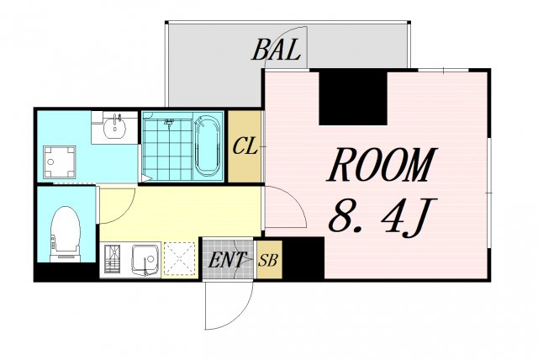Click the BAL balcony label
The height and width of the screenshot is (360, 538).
tap(277, 50)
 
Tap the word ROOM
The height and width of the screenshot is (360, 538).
tap(382, 165)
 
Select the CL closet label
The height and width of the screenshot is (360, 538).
tap(245, 146)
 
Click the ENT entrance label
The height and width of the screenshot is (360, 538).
tap(227, 260)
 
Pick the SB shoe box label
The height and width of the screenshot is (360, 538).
tap(267, 261)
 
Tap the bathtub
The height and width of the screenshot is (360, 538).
tap(207, 146)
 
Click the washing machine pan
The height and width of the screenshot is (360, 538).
tap(59, 162)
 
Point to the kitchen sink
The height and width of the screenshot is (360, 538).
tap(146, 259)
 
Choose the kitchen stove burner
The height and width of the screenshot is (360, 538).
tap(112, 259)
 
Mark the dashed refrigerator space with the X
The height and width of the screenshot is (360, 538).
tap(179, 259)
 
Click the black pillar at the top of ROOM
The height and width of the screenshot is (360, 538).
tap(353, 98)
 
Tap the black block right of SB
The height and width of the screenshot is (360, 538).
tap(303, 258)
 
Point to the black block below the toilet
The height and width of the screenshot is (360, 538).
tap(66, 273)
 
